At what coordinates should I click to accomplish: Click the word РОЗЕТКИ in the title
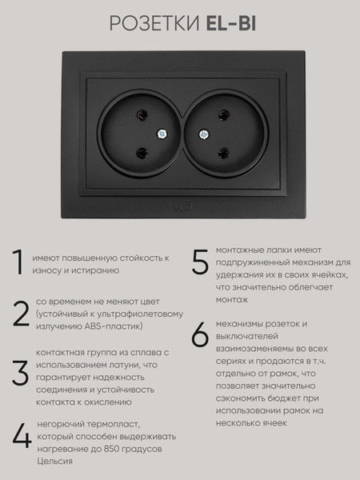(154, 24)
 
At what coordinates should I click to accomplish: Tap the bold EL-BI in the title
(231, 24)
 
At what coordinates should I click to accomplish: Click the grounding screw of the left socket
(162, 134)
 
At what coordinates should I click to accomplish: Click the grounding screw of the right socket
(203, 134)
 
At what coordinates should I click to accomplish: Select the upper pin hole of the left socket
(142, 115)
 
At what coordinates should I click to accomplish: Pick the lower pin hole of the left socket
(142, 153)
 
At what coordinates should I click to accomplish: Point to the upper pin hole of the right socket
(224, 115)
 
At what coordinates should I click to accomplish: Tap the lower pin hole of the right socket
(224, 153)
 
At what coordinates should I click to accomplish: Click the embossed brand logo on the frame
(182, 207)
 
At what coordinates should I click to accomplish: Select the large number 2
(21, 314)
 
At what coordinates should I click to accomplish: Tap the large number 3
(21, 373)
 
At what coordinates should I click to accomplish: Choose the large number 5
(200, 262)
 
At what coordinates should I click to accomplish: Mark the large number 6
(200, 334)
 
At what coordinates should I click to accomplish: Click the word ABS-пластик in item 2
(114, 326)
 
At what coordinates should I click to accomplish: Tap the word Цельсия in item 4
(54, 462)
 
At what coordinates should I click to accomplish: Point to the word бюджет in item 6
(283, 398)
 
